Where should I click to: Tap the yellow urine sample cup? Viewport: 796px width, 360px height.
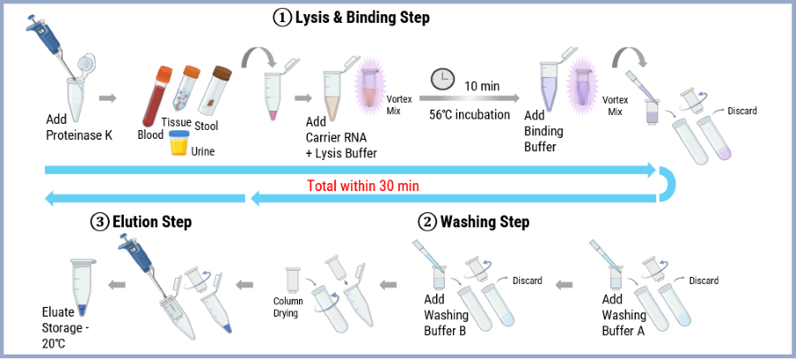click(x=178, y=142)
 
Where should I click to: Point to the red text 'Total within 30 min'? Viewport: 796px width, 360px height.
click(x=363, y=186)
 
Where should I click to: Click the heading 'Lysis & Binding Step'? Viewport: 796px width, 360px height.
click(x=362, y=18)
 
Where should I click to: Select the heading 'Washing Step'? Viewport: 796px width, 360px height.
click(x=485, y=222)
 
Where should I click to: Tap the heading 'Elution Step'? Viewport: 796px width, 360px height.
click(x=152, y=222)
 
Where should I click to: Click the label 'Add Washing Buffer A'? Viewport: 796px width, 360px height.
click(x=624, y=315)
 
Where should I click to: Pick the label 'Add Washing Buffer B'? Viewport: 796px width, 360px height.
click(x=447, y=315)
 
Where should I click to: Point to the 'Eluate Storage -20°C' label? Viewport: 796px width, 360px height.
click(x=65, y=328)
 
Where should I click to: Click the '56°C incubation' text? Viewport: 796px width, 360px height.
click(x=469, y=115)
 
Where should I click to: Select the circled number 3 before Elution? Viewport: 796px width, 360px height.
click(x=99, y=222)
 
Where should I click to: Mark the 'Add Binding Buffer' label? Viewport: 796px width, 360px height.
click(x=544, y=132)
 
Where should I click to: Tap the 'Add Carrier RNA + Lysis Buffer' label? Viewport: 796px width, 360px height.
click(x=341, y=138)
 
